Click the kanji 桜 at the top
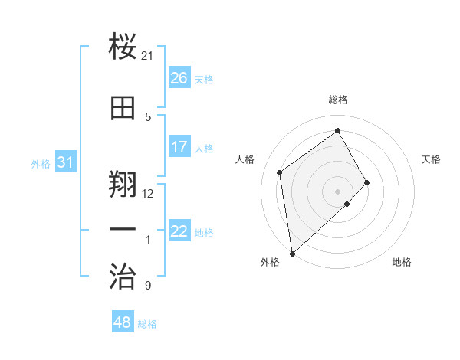123,48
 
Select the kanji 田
123,108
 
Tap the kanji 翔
123,182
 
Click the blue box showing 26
179,78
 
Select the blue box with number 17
179,147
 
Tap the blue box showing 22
179,231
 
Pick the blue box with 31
65,162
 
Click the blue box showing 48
123,322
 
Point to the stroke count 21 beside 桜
148,57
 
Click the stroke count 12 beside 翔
148,193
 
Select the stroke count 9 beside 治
148,286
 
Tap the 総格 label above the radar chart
338,100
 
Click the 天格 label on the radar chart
432,159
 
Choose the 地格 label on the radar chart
402,262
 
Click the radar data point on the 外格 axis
292,253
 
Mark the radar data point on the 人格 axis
280,172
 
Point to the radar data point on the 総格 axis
338,131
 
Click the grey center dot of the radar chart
338,191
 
